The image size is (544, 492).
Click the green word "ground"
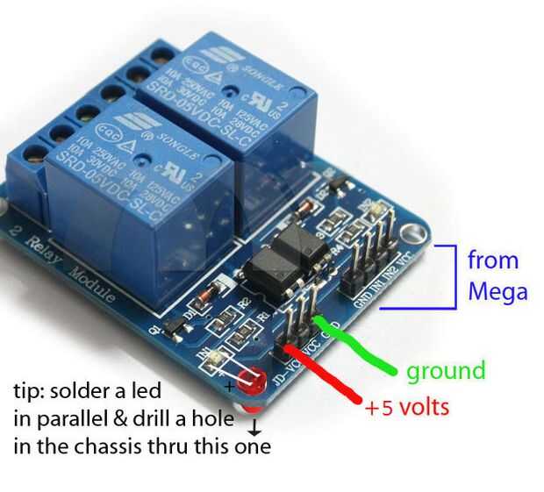445,370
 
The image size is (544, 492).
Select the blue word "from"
492,260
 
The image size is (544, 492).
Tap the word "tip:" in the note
30,390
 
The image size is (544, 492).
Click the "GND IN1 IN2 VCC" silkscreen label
387,276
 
